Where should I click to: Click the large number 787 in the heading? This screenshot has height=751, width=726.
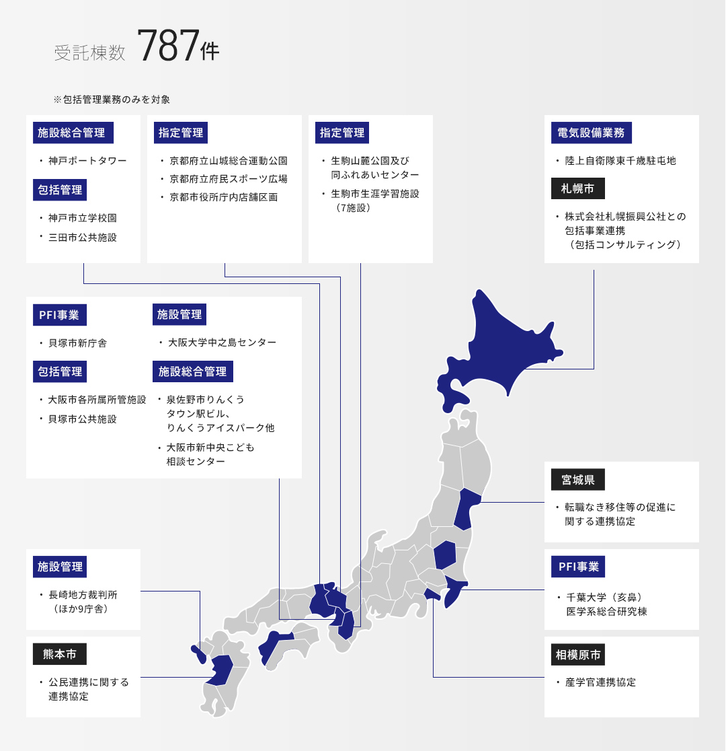[x=168, y=46]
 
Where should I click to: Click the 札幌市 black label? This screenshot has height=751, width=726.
[x=578, y=189]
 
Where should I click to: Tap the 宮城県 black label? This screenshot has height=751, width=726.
[x=578, y=480]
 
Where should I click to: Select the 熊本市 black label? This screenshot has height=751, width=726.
[x=60, y=654]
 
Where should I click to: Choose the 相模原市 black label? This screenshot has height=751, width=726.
[x=578, y=654]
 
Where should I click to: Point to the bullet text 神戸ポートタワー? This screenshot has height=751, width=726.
[x=87, y=161]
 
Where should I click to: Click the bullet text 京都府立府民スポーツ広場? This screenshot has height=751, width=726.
[x=229, y=179]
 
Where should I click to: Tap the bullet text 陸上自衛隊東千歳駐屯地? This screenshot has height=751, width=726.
[x=620, y=161]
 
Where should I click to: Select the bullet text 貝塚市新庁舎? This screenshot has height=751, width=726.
[x=77, y=343]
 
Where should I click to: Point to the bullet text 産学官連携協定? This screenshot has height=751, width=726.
[x=600, y=682]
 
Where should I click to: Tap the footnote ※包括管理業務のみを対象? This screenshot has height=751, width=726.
[x=112, y=100]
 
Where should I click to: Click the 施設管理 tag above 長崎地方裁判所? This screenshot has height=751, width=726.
[x=60, y=567]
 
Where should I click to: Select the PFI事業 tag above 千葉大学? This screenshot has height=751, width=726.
[x=578, y=567]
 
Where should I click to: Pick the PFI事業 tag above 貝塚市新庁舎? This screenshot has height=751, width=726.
[x=60, y=314]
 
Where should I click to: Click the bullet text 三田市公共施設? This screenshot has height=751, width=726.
[x=83, y=238]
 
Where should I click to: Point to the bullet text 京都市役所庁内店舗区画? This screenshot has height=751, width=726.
[x=224, y=197]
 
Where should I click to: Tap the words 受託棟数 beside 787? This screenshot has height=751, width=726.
[x=90, y=53]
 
